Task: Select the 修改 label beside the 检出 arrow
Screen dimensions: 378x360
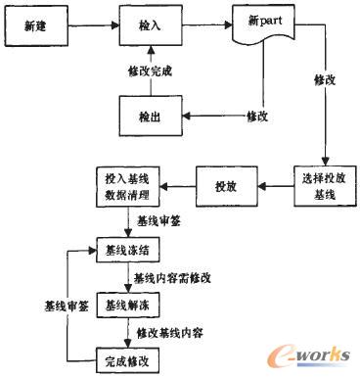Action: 256,116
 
